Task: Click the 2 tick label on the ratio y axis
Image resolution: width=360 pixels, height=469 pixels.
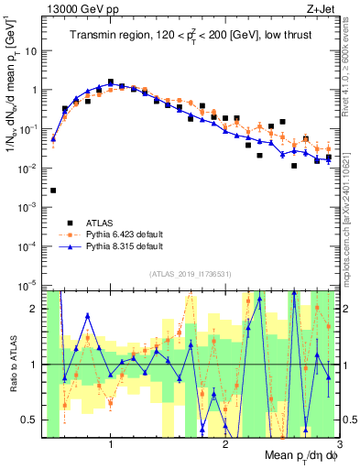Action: (36, 309)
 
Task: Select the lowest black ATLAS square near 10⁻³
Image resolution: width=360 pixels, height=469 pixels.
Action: (53, 191)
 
